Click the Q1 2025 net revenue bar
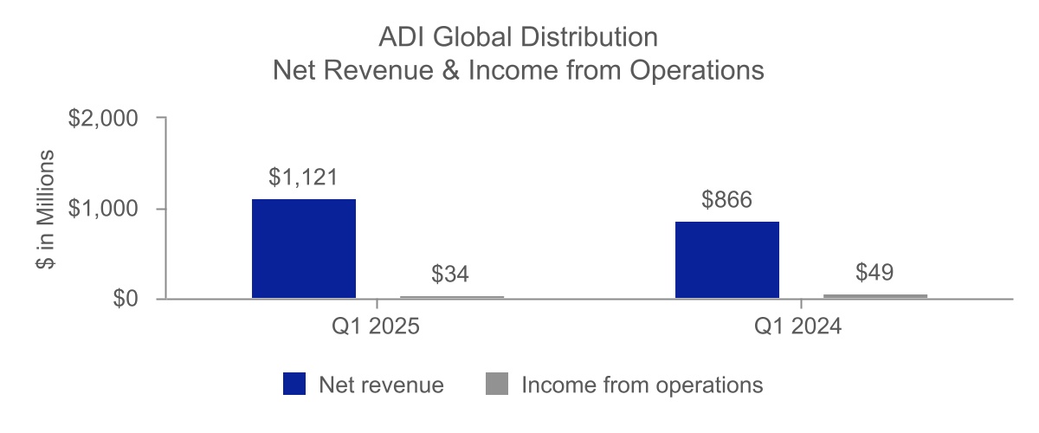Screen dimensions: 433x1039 [303, 249]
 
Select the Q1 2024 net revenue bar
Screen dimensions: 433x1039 [727, 261]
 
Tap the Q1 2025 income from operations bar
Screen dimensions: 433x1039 [452, 297]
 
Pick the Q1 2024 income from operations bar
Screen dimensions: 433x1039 [875, 296]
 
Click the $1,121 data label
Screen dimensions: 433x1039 [302, 178]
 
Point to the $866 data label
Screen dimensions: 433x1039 [726, 200]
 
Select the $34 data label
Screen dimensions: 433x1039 [451, 275]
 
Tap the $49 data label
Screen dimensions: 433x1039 [874, 272]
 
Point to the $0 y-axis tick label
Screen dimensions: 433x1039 [126, 300]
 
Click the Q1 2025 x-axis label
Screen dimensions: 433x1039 [377, 329]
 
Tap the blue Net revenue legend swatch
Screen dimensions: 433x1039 [294, 384]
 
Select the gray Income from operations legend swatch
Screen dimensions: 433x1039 [498, 384]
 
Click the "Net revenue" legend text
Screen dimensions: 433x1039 [381, 385]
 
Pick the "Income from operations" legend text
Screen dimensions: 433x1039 [642, 385]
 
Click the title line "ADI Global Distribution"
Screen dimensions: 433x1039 [519, 38]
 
